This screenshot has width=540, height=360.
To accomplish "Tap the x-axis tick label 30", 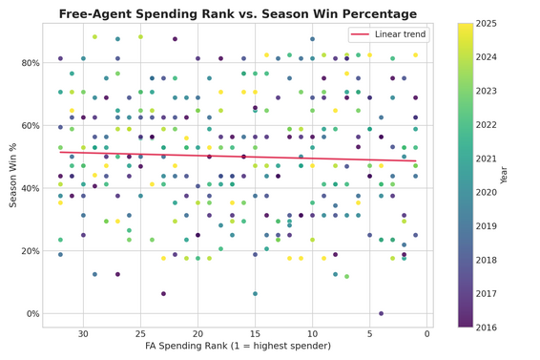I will click(x=83, y=333).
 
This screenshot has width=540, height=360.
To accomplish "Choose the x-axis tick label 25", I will click(x=140, y=333).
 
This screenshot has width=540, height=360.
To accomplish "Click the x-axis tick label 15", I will click(x=255, y=333).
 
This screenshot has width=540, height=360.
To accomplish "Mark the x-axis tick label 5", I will click(x=369, y=333).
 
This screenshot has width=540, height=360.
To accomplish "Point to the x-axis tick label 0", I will click(x=426, y=333).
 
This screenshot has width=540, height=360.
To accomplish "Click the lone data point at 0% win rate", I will click(x=381, y=313).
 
